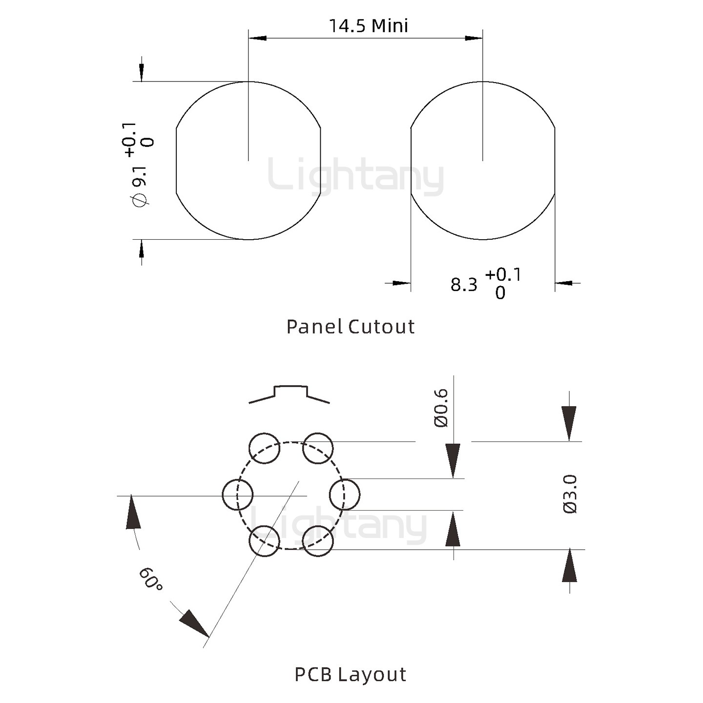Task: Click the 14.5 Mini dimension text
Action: pyautogui.click(x=368, y=26)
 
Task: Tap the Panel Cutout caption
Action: pyautogui.click(x=350, y=327)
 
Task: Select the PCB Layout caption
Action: pyautogui.click(x=350, y=674)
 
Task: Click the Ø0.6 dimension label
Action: pyautogui.click(x=441, y=408)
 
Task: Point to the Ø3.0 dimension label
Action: pyautogui.click(x=570, y=494)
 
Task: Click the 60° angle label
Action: pyautogui.click(x=150, y=579)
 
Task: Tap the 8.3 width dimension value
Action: pyautogui.click(x=464, y=285)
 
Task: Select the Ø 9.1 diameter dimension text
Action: pyautogui.click(x=140, y=186)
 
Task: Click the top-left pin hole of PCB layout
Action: pyautogui.click(x=265, y=448)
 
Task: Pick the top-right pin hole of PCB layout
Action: pyautogui.click(x=318, y=448)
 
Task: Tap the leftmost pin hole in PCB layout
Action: pyautogui.click(x=238, y=494)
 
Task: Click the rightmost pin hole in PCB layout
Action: pyautogui.click(x=345, y=494)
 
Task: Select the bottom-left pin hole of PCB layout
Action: pyautogui.click(x=265, y=541)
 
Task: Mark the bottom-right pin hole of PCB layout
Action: pyautogui.click(x=318, y=541)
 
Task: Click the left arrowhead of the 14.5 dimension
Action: pyautogui.click(x=257, y=38)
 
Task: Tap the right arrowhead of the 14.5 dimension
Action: pyautogui.click(x=474, y=38)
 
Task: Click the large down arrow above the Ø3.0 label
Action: pyautogui.click(x=569, y=423)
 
